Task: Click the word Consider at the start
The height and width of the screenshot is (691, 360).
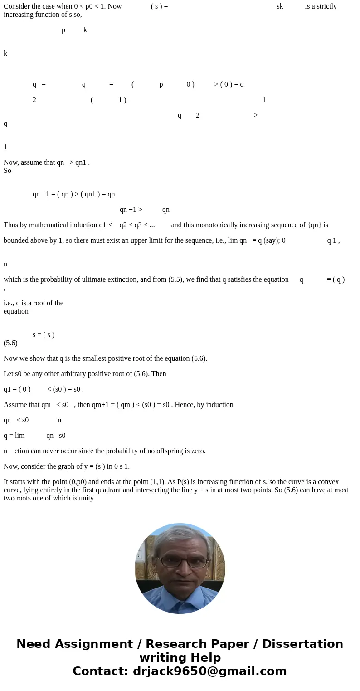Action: point(17,6)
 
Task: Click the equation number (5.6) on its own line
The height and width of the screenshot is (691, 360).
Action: point(10,343)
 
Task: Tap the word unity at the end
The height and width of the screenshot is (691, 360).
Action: point(87,498)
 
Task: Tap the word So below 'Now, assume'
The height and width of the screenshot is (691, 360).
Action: point(7,171)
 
